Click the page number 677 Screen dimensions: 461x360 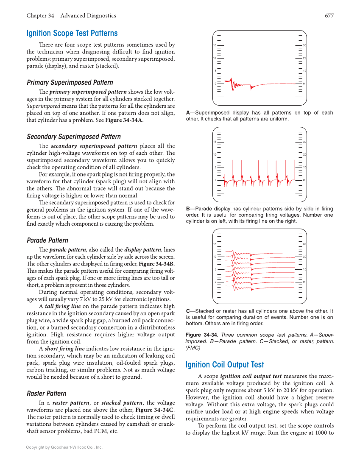click(x=329, y=16)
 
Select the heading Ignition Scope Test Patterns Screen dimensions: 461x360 click(x=72, y=34)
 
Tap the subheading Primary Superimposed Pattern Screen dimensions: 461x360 click(x=70, y=82)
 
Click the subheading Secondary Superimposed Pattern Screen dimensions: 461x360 click(x=73, y=137)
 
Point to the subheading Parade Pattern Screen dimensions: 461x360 click(x=47, y=240)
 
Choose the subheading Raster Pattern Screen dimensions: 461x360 click(x=46, y=393)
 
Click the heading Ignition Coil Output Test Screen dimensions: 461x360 click(x=225, y=365)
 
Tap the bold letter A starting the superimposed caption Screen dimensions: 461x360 click(x=188, y=113)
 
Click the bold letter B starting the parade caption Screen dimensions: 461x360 click(x=188, y=209)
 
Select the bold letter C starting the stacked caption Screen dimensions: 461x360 click(x=188, y=311)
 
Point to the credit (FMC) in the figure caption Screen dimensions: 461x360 click(x=193, y=347)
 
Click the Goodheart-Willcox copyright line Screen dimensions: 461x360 click(x=64, y=447)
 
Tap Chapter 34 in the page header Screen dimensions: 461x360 click(x=40, y=16)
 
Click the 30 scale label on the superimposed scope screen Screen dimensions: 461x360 click(x=305, y=45)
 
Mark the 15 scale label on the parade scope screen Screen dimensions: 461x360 click(x=215, y=142)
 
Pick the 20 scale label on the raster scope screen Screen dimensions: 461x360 click(x=305, y=257)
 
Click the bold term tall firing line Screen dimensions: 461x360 click(x=63, y=306)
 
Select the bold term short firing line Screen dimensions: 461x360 click(x=64, y=349)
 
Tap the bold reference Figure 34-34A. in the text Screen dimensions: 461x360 click(x=124, y=120)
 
